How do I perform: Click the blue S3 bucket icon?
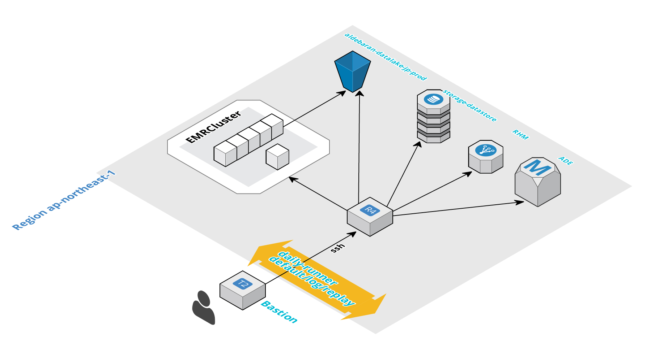pos(353,71)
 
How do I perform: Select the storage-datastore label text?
pos(470,106)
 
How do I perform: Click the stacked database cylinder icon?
pos(434,116)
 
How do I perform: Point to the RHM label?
pos(520,135)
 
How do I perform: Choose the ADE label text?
pos(566,161)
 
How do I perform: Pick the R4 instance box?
pos(370,216)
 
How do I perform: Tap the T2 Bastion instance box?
pos(243,290)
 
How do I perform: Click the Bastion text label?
pos(279,312)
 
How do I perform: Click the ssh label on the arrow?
pos(338,248)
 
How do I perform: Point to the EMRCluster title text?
pos(213,127)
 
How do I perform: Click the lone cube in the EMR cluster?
pos(277,157)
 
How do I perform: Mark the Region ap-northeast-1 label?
pos(64,201)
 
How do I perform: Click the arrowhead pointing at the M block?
pos(520,202)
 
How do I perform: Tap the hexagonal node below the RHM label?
pos(486,157)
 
